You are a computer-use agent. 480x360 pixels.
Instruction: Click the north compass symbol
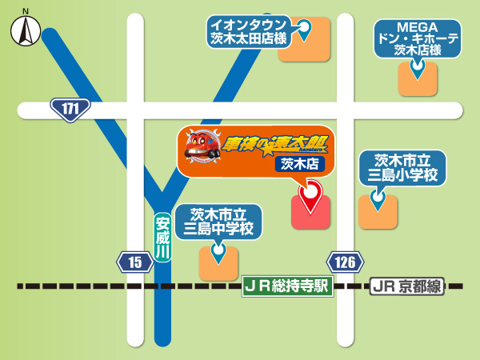coord(26,33)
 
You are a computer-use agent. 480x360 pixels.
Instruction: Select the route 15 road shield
coord(134,262)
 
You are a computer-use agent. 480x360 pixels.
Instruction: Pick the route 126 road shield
coord(345,262)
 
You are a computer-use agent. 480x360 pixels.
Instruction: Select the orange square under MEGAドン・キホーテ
coord(418,78)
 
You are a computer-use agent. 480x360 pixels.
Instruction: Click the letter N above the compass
coord(26,11)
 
